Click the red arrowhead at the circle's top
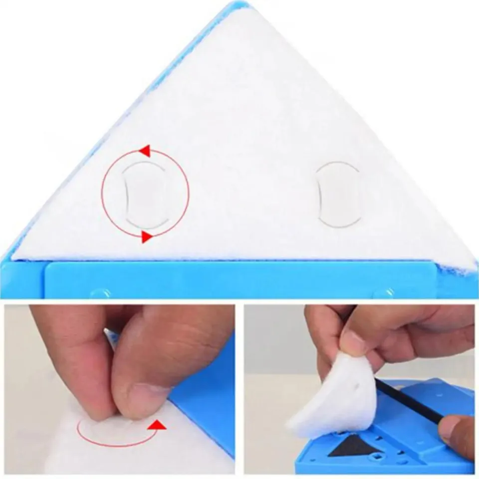144,151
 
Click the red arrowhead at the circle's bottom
146,237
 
